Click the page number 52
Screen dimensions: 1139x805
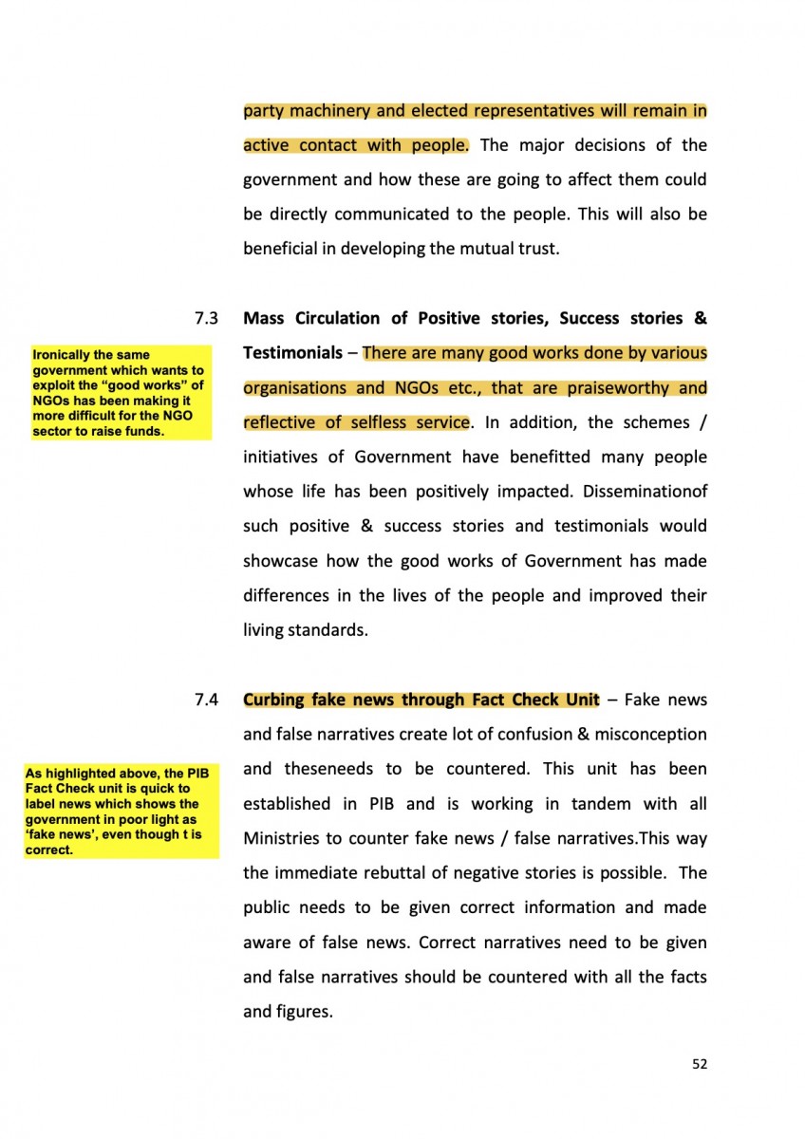tap(700, 1064)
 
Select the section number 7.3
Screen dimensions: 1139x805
tap(206, 319)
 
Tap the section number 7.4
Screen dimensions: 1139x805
tap(206, 700)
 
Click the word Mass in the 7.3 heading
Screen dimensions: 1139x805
tap(265, 318)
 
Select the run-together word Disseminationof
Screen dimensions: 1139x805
tap(646, 492)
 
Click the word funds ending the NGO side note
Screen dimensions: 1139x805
tap(142, 432)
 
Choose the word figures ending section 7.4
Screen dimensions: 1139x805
tap(304, 1012)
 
